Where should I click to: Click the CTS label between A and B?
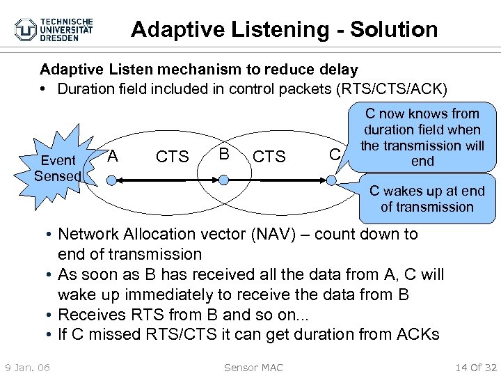[x=172, y=157]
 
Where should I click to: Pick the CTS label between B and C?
[x=269, y=157]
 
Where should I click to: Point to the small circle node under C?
[x=332, y=180]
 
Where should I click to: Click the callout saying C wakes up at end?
[x=427, y=198]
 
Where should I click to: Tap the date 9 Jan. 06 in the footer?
[x=27, y=367]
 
